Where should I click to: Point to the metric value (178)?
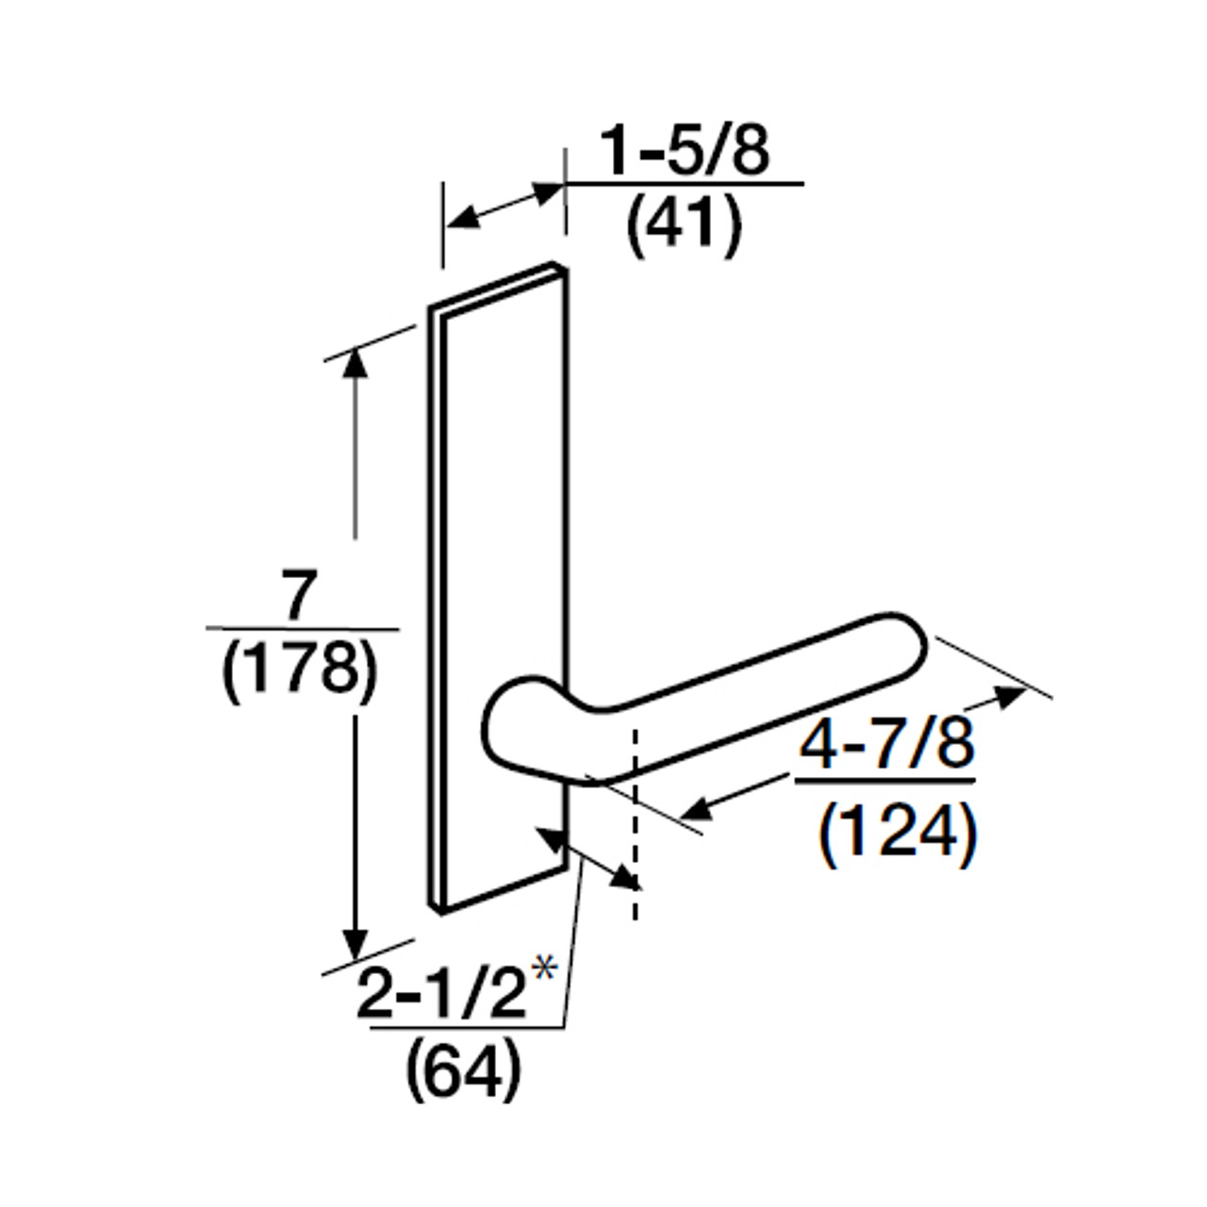pyautogui.click(x=301, y=671)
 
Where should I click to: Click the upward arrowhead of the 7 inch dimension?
pyautogui.click(x=355, y=363)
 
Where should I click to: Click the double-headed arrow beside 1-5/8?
pyautogui.click(x=504, y=206)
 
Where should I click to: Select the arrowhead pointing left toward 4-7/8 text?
pyautogui.click(x=698, y=808)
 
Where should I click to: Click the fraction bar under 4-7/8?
pyautogui.click(x=885, y=781)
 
